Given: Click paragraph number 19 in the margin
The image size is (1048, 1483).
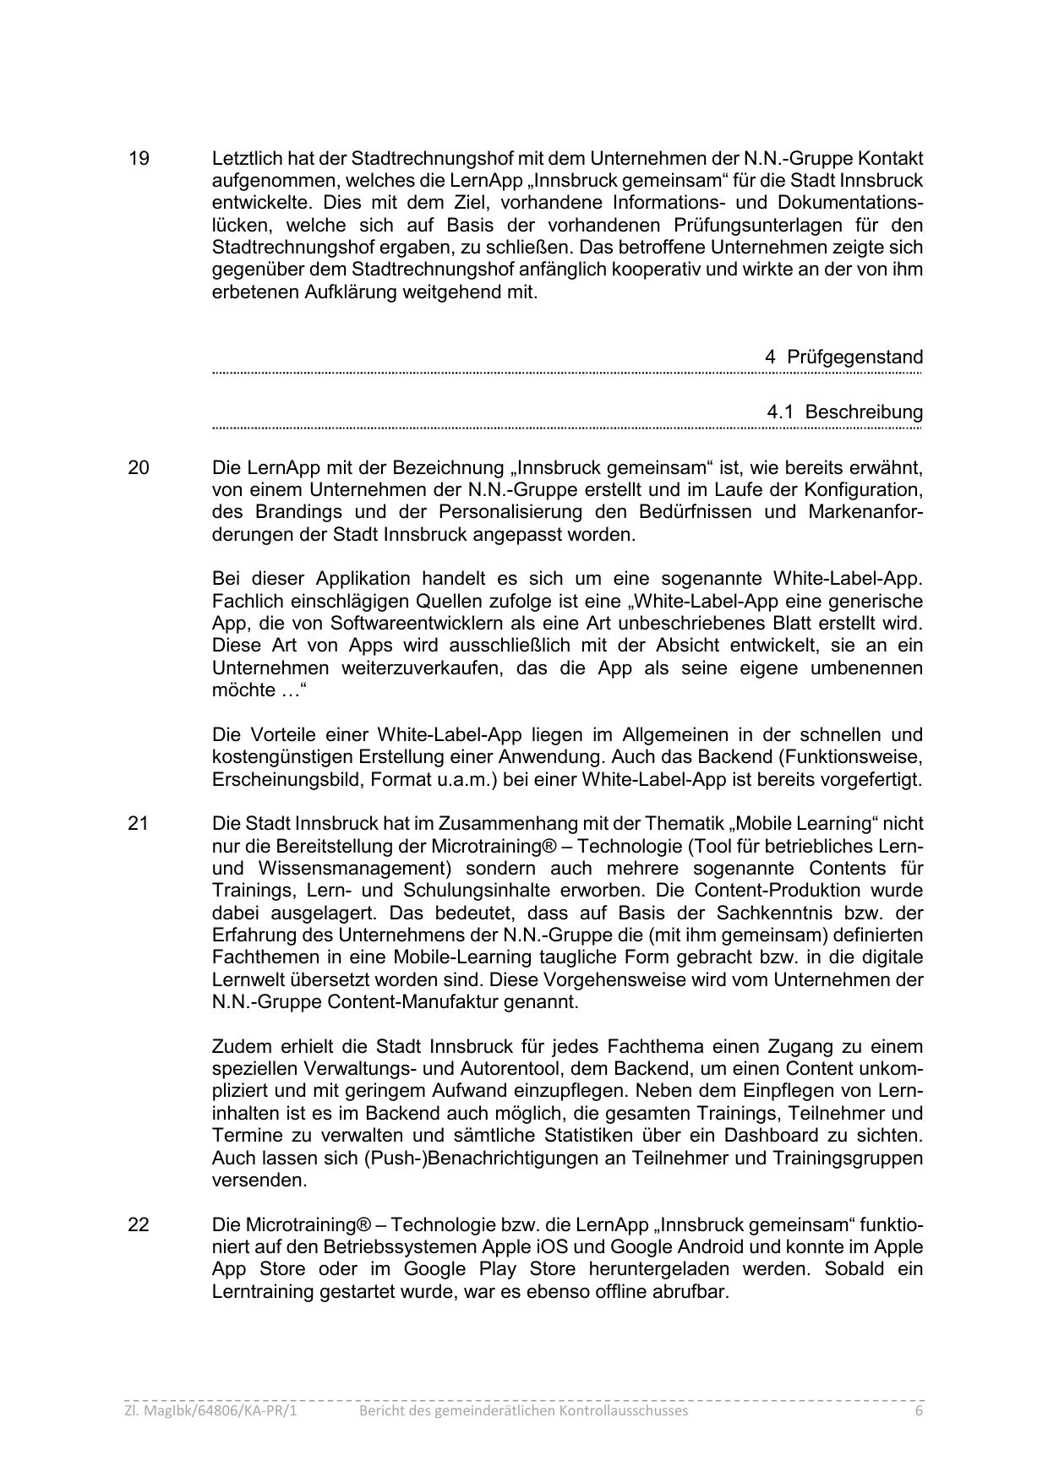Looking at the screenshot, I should (x=139, y=159).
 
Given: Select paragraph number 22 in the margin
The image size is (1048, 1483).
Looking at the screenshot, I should (x=139, y=1224).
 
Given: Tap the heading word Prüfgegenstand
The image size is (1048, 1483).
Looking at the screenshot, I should (x=854, y=357).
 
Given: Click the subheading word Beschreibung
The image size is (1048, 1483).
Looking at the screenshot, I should (x=864, y=412).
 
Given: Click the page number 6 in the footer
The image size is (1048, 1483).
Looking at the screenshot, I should (x=918, y=1410).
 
